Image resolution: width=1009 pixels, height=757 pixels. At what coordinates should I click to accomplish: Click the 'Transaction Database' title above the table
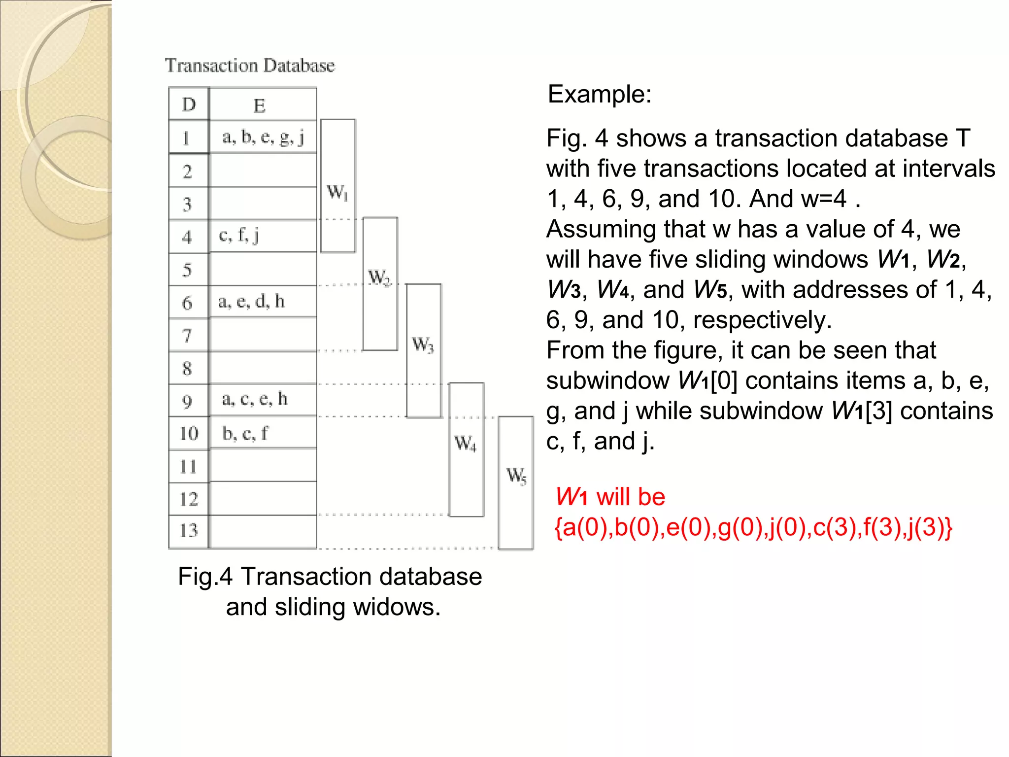(x=250, y=66)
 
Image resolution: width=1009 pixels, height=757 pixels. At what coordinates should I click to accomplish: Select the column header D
(x=189, y=104)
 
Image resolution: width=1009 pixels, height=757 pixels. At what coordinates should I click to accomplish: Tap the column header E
(x=260, y=105)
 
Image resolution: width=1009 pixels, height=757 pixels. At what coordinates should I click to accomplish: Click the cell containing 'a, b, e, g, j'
(x=263, y=137)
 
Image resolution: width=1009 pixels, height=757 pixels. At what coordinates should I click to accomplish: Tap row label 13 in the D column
(x=188, y=531)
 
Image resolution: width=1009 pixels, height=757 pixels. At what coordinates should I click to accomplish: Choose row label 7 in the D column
(x=187, y=336)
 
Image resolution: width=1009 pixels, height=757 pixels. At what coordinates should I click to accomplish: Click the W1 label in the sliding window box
(x=337, y=192)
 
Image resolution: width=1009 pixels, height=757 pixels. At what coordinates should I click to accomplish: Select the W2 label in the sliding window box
(x=379, y=277)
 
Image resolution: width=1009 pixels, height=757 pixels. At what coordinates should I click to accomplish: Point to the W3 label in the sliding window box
(x=423, y=344)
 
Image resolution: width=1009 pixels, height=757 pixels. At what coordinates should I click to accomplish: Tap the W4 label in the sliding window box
(x=466, y=443)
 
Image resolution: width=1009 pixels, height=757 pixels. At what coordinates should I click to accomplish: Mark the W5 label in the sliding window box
(x=516, y=476)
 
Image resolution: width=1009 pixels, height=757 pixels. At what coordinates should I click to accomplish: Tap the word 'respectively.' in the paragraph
(x=763, y=320)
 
